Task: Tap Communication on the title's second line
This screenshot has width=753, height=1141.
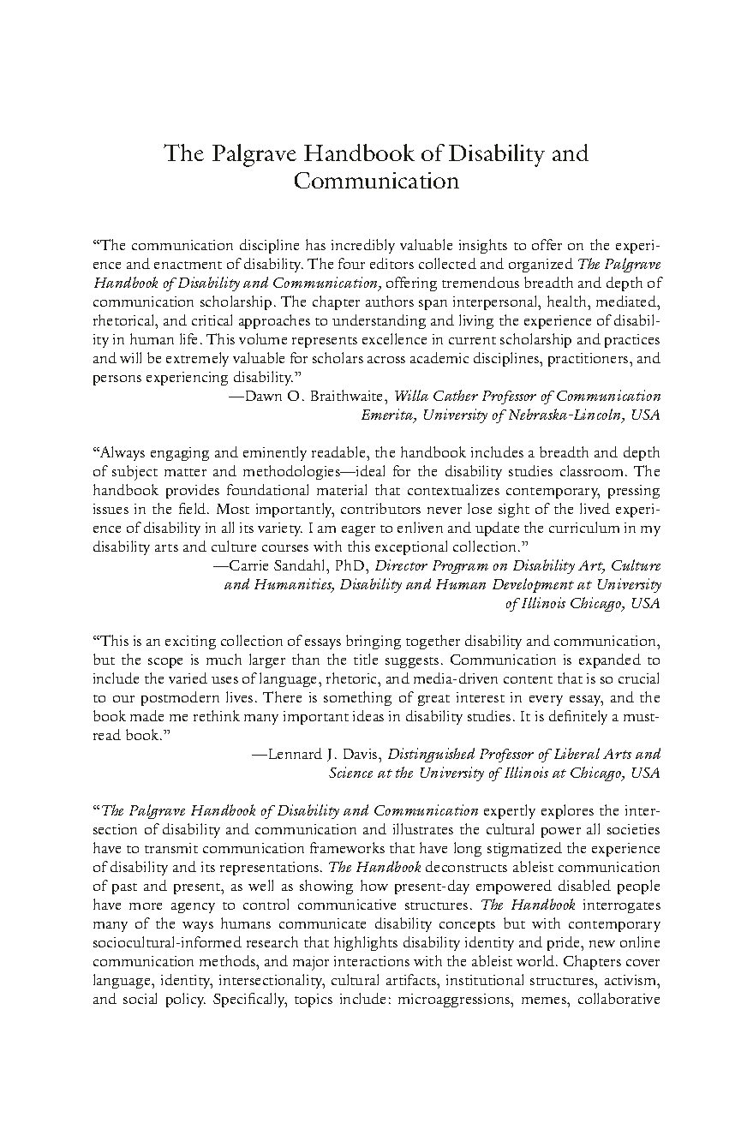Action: point(376,182)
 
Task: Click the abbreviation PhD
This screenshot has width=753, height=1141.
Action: point(353,566)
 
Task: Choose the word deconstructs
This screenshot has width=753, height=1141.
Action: point(445,867)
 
